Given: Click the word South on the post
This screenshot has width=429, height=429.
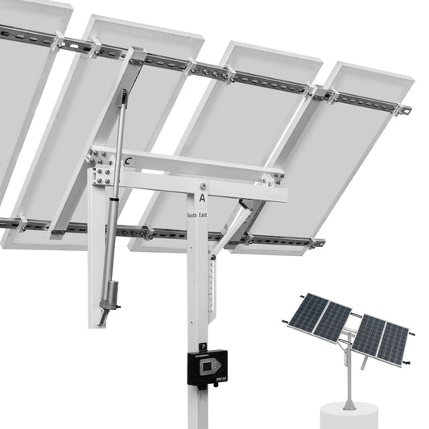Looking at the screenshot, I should coord(192,216).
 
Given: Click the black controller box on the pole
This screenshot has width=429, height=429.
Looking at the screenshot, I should coord(208,368).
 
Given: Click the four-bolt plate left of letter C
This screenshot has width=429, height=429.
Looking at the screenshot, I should coord(101,164).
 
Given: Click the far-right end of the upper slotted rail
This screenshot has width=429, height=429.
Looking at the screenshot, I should coord(405,109).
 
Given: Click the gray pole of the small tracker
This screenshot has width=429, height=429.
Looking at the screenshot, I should coord(349,378).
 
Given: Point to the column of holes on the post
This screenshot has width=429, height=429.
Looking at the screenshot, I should coord(212,282).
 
